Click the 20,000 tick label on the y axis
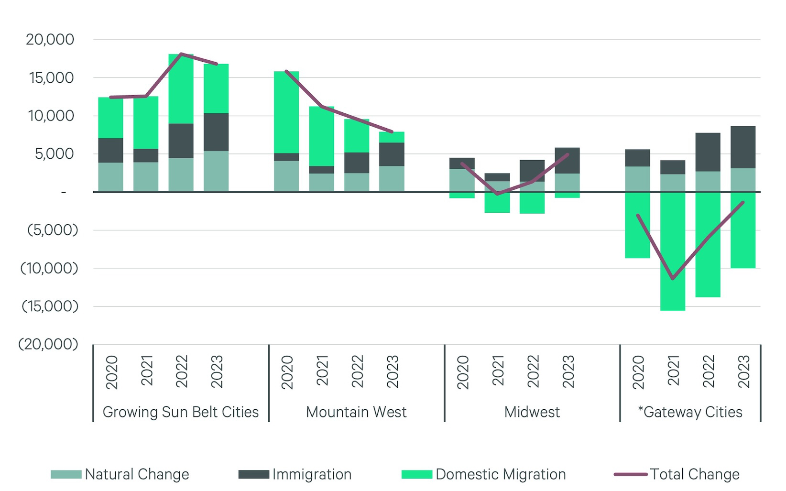click(x=50, y=40)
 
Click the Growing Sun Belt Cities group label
click(x=181, y=412)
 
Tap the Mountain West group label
click(x=356, y=412)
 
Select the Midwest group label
click(x=532, y=412)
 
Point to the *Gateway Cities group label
click(x=690, y=412)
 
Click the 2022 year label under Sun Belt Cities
click(x=182, y=371)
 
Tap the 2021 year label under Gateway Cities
click(x=673, y=371)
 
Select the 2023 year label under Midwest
click(x=568, y=371)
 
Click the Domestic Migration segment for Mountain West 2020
click(x=286, y=112)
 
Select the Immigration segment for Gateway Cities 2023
click(x=743, y=147)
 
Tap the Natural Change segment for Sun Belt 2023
click(x=216, y=171)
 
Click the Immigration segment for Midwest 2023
click(x=568, y=160)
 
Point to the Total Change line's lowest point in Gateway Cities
click(x=673, y=278)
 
